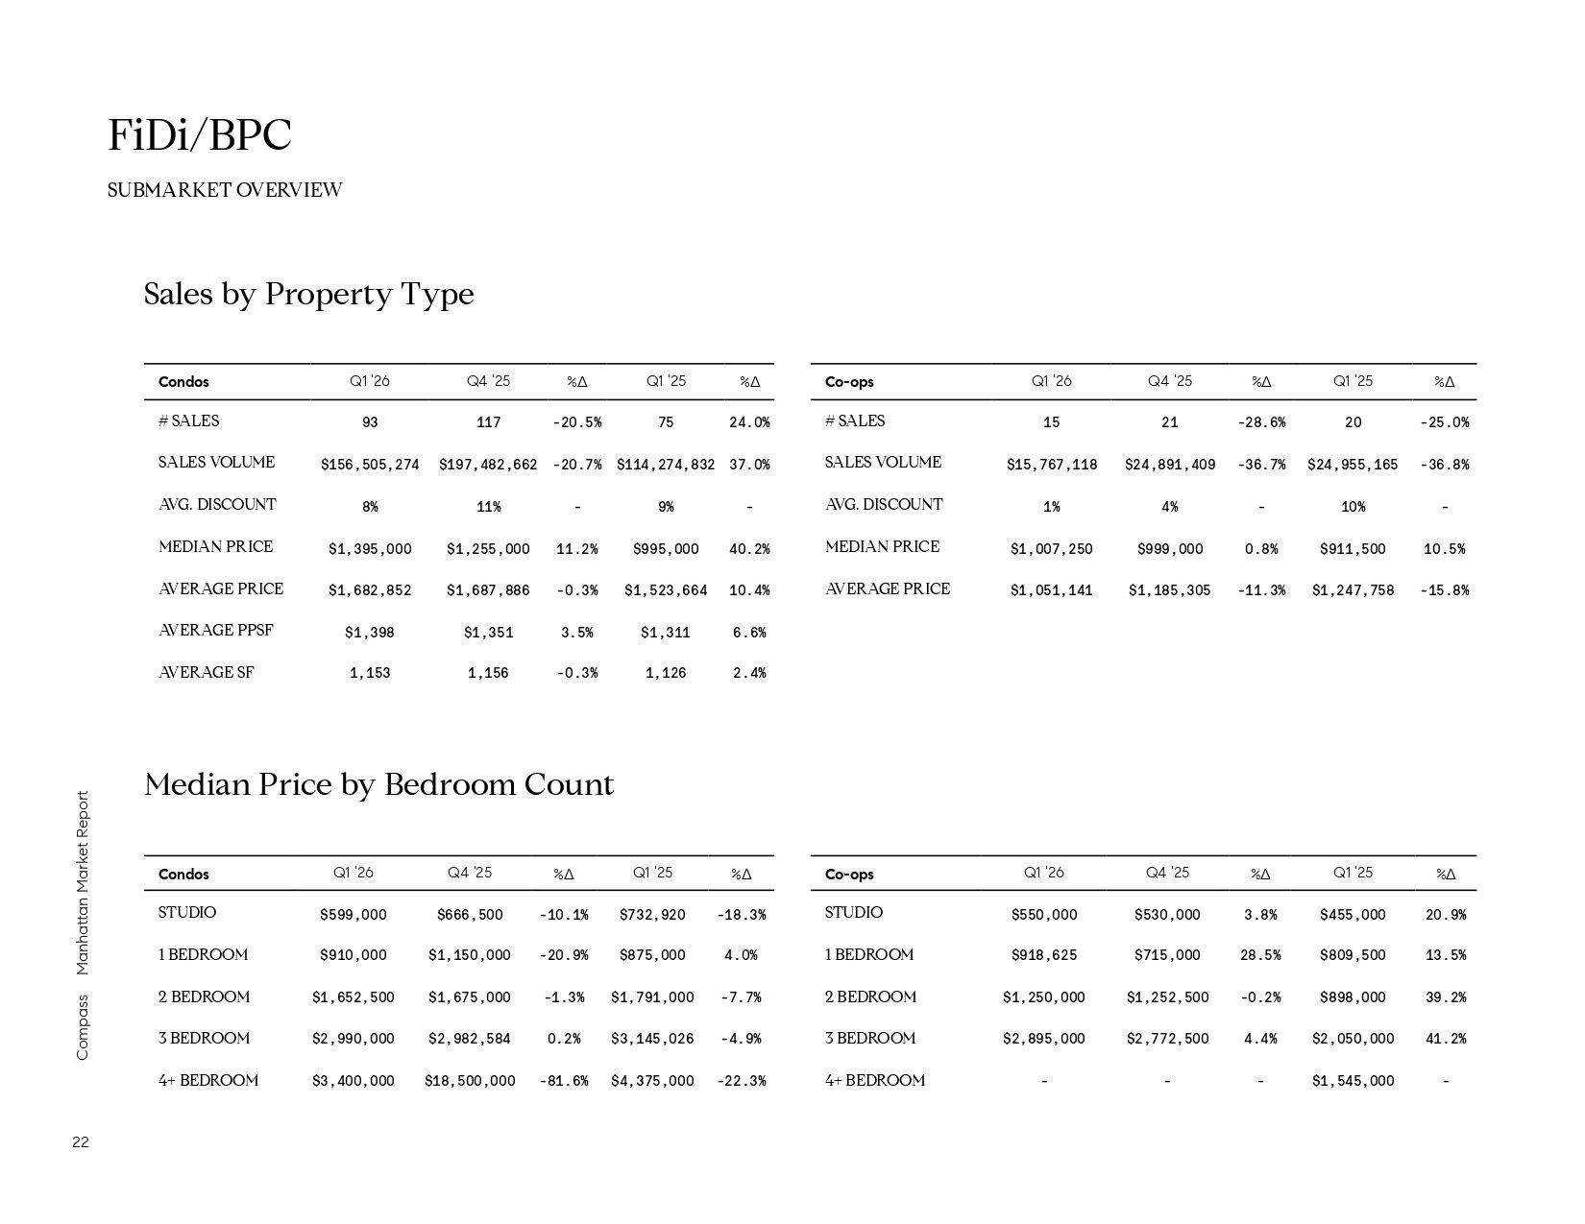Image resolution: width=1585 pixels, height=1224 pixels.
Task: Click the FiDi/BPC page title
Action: coord(199,135)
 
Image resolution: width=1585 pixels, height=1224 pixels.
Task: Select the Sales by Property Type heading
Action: coord(308,294)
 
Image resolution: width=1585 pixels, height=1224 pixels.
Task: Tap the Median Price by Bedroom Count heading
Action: coord(378,785)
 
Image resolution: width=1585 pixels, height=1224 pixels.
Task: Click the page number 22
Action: coord(81,1142)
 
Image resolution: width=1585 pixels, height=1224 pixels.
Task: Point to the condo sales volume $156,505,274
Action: coord(370,465)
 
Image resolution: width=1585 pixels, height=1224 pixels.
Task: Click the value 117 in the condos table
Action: coord(488,422)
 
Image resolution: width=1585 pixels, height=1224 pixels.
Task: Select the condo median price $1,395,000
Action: coord(370,549)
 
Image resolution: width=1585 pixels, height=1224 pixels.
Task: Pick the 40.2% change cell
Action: coord(749,549)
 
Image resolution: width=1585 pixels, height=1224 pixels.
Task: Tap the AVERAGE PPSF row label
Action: coord(215,631)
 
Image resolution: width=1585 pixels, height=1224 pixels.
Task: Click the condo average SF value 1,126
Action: coord(666,673)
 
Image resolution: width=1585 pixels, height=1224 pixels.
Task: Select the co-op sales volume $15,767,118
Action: coord(1052,465)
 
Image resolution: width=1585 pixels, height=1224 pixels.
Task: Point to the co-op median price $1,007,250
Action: coord(1052,549)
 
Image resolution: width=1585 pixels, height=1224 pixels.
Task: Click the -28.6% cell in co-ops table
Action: coord(1261,422)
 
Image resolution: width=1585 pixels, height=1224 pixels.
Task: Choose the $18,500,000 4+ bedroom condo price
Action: coord(470,1081)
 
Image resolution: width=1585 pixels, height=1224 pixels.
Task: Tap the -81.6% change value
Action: coord(564,1081)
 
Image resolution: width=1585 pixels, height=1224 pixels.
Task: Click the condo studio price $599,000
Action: coord(354,915)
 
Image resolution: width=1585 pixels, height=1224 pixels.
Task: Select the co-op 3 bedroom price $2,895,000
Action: coord(1044,1039)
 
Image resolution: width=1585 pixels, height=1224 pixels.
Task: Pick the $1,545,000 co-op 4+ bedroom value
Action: coord(1353,1081)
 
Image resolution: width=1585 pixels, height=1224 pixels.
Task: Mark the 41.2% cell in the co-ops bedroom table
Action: coord(1446,1039)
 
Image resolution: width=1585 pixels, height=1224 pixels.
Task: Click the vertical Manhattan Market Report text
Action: coord(82,883)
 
